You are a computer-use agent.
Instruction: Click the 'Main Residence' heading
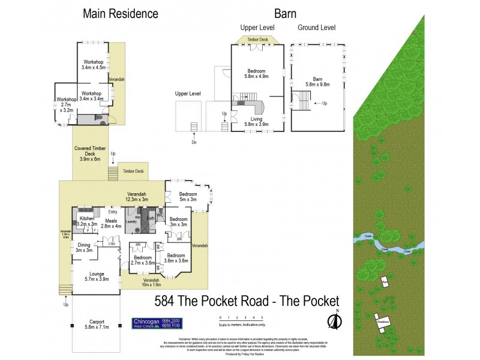tap(121, 13)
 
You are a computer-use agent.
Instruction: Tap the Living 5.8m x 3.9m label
tap(256, 122)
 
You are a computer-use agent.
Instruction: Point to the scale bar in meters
tap(241, 322)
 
